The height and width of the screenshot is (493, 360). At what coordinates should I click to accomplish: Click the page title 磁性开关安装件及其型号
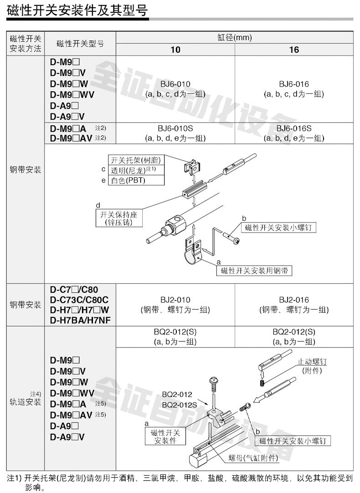[77, 10]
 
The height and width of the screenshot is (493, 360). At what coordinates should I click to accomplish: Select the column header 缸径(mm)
[234, 37]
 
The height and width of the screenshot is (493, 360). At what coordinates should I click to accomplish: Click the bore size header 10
[175, 49]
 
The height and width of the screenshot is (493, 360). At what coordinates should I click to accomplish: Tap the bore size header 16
[294, 49]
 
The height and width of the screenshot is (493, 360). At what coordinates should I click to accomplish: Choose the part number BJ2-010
[175, 300]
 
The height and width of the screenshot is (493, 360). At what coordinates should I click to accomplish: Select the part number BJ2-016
[294, 300]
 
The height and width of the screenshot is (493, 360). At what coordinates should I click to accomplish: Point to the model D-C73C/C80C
[79, 300]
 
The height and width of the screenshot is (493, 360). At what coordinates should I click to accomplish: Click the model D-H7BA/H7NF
[80, 320]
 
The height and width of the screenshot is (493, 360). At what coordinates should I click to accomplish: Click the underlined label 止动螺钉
[312, 362]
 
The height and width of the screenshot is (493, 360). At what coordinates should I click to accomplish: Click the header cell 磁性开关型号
[80, 44]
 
